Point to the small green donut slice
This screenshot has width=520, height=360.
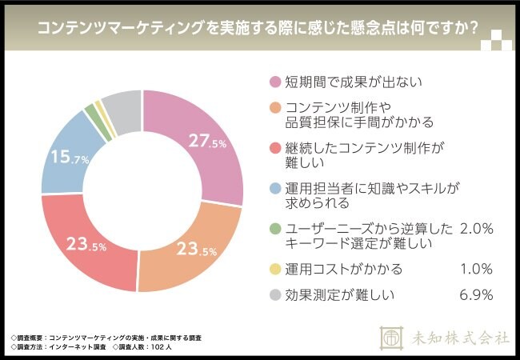pos(90,110)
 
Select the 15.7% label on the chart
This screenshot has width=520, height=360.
pos(70,158)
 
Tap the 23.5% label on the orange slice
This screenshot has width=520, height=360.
pos(196,249)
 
